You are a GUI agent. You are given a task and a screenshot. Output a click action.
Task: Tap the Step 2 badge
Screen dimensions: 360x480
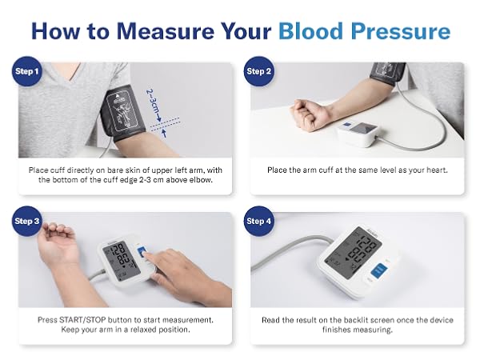(259, 71)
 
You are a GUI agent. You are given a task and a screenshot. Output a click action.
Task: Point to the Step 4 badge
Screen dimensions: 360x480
(259, 221)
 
